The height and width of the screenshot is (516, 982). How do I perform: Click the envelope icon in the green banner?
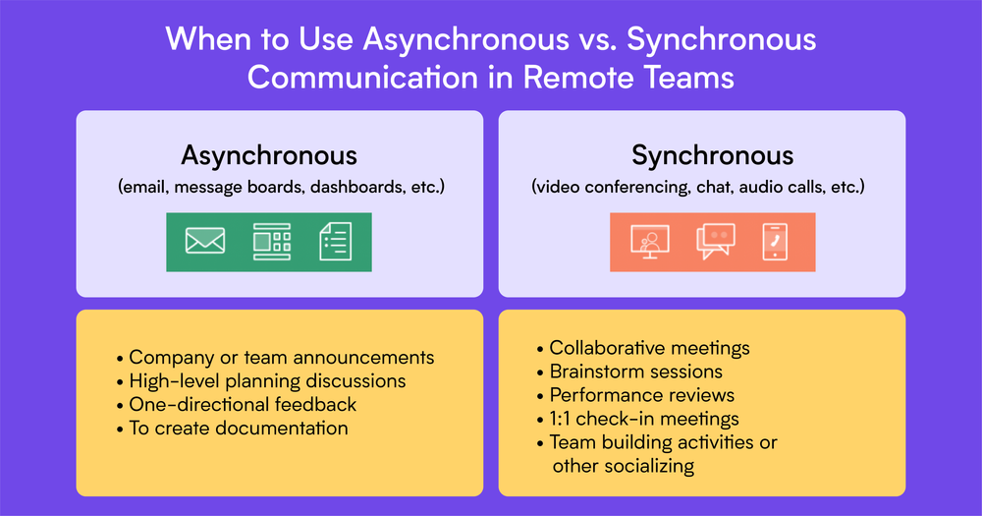click(x=205, y=241)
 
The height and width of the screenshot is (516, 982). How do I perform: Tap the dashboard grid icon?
click(x=272, y=242)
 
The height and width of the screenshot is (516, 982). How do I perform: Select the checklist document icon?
click(x=335, y=242)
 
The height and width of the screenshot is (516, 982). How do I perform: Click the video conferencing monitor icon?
click(x=649, y=242)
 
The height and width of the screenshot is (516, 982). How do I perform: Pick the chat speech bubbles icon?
click(x=715, y=242)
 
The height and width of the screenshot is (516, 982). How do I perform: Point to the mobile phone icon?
click(x=776, y=242)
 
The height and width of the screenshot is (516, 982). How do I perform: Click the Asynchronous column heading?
click(x=268, y=155)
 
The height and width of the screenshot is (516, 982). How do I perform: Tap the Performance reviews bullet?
click(x=641, y=395)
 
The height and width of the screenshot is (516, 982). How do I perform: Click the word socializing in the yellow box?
click(x=645, y=466)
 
